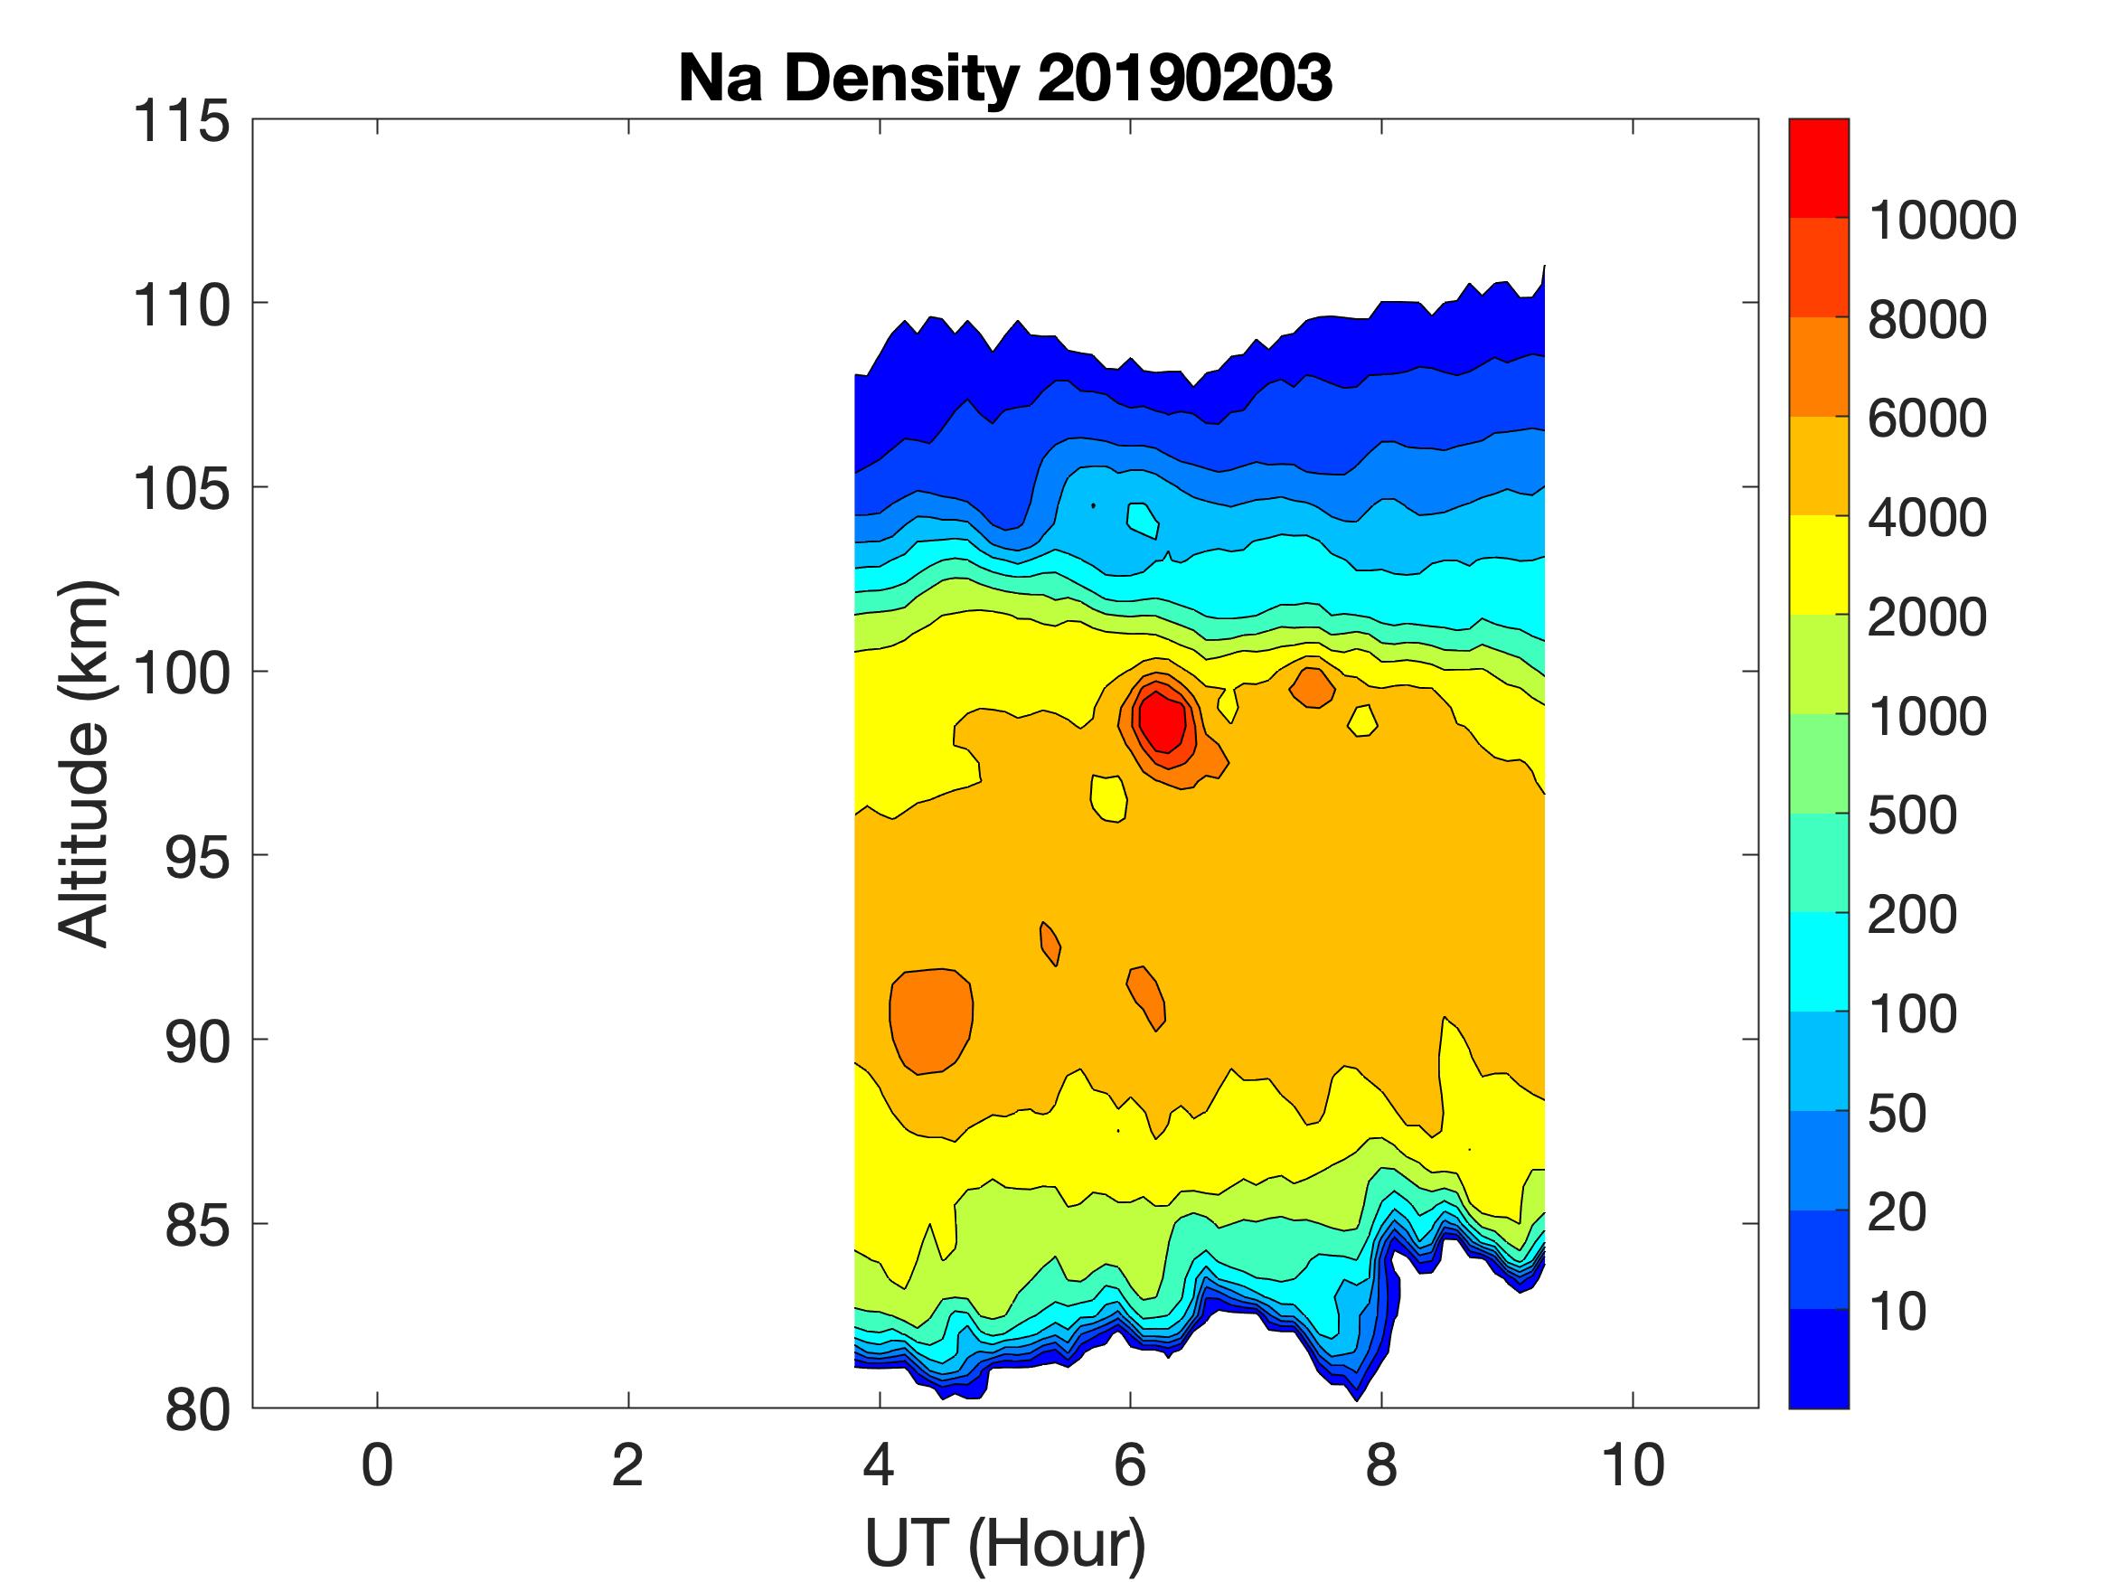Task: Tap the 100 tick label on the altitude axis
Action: coord(181,673)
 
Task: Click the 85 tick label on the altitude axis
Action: coord(197,1224)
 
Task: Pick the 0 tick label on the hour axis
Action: coord(377,1464)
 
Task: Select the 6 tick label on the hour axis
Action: coord(1130,1464)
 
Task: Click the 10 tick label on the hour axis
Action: coord(1633,1464)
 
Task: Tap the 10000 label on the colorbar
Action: coord(1941,221)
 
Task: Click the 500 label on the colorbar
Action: coord(1912,815)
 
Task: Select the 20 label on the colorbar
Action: coord(1897,1212)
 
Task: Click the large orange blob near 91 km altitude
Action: coord(930,1020)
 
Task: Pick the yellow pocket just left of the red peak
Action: coord(1108,797)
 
